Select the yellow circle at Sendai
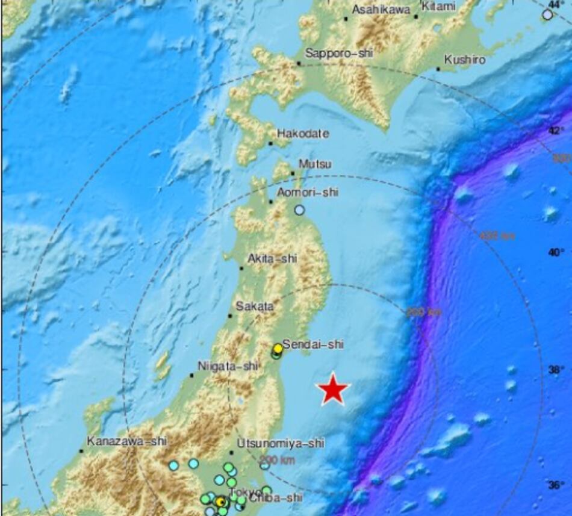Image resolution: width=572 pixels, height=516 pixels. tap(278, 348)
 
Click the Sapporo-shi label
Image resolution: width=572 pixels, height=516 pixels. tap(339, 54)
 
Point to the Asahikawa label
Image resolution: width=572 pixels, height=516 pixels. tap(381, 10)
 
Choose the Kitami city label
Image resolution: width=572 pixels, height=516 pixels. tap(439, 7)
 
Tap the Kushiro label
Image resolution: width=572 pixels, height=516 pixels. tap(464, 60)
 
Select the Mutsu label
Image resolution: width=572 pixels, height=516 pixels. tap(315, 164)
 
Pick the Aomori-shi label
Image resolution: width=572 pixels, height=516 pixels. tap(307, 193)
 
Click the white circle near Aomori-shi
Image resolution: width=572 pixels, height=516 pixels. tap(299, 210)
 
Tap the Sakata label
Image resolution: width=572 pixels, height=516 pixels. tap(255, 306)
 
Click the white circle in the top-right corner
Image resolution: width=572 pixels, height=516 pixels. tap(547, 14)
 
